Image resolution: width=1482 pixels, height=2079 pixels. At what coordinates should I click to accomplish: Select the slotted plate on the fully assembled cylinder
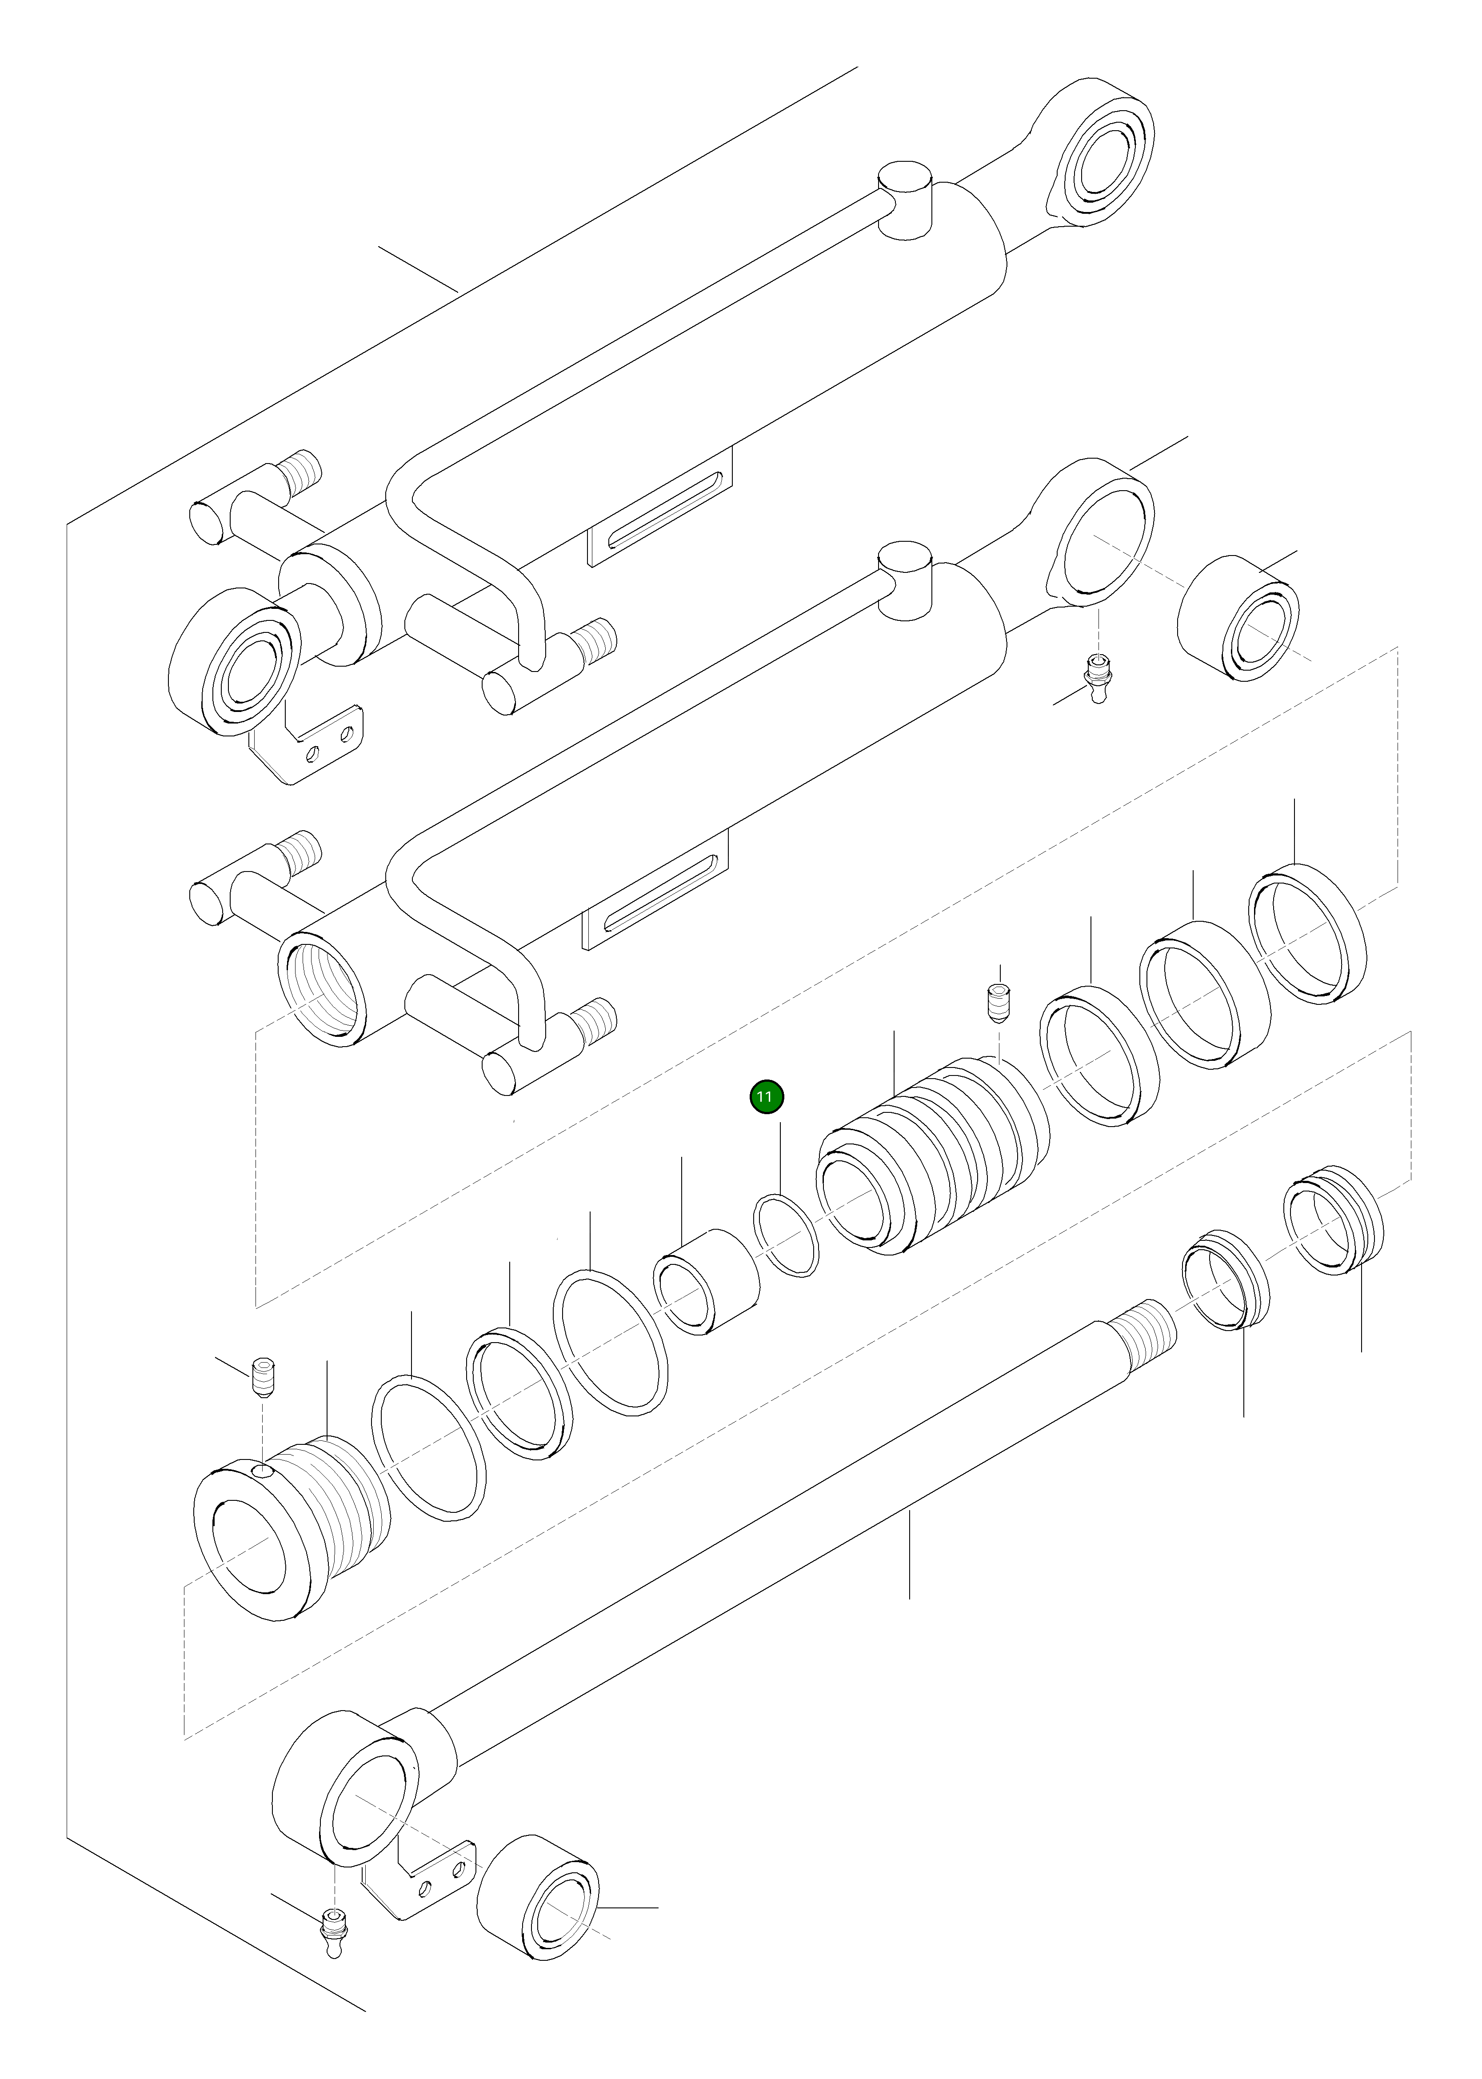659,511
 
